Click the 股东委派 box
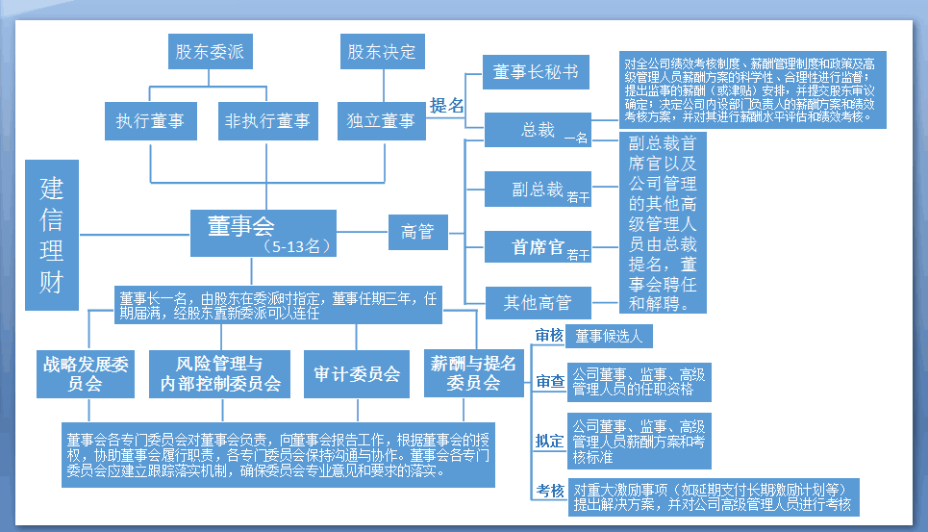[209, 52]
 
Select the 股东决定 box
[382, 52]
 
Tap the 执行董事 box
[150, 121]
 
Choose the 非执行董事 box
[266, 121]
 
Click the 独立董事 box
[381, 121]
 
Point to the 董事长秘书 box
[537, 73]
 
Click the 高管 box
[417, 232]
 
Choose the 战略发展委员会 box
[86, 373]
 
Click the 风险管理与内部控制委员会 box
[220, 373]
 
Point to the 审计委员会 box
[357, 373]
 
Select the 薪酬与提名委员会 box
[473, 373]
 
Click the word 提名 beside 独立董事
[446, 106]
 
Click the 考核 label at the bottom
[550, 491]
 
